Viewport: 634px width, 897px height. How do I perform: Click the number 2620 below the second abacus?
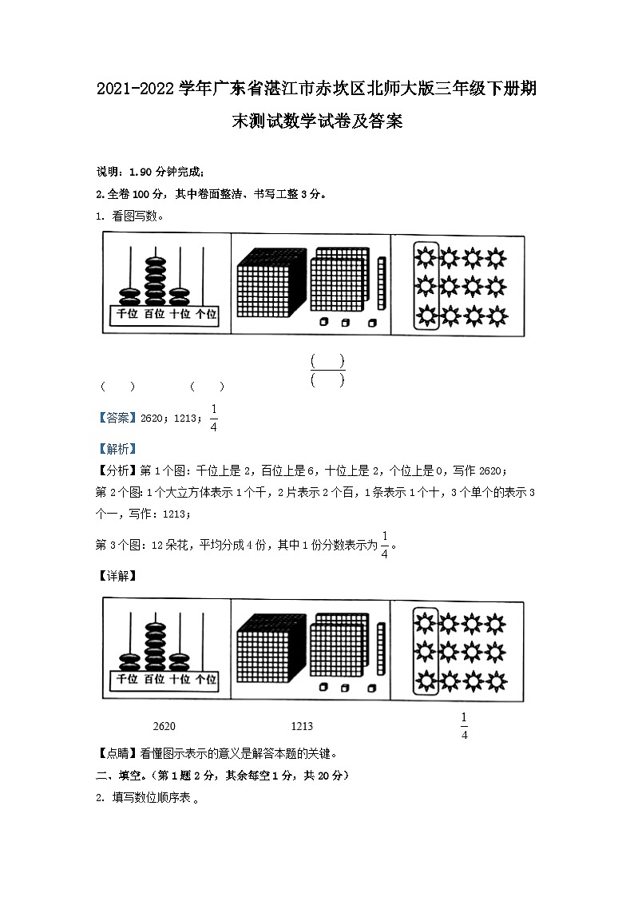163,726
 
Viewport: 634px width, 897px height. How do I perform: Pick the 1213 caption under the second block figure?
302,726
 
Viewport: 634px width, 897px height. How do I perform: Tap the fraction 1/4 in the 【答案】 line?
213,417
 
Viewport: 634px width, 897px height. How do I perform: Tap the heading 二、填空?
120,776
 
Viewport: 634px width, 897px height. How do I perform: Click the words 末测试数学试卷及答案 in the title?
316,124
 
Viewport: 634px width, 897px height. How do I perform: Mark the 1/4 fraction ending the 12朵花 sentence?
384,545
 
